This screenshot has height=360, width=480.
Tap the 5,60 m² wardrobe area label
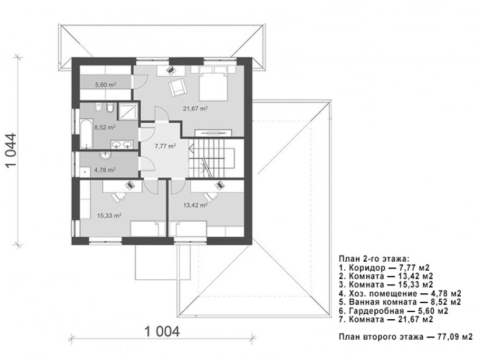coord(106,84)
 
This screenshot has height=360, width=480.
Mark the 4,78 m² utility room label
coord(106,169)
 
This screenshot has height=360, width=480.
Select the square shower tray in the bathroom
coord(129,111)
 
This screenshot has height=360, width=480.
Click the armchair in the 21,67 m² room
coord(176,87)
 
